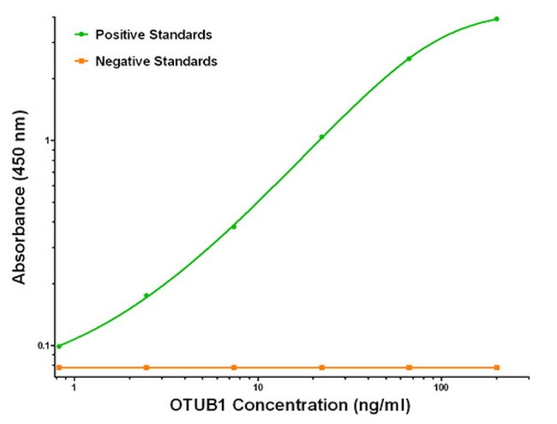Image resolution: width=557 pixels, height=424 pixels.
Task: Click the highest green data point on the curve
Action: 496,19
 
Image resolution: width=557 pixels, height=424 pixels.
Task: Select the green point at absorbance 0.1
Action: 58,346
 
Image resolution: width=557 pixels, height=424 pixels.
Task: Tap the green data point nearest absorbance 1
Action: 321,136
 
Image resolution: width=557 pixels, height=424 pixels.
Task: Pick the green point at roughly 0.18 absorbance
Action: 147,295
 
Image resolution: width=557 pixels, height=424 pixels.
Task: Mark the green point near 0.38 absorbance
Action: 234,227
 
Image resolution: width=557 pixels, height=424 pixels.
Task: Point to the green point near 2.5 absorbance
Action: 409,58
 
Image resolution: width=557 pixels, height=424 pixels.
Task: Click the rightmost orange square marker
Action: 496,367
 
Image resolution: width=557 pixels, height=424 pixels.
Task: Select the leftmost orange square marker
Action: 58,367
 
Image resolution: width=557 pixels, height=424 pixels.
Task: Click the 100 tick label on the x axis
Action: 440,388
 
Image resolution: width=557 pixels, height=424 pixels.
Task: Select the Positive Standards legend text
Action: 154,35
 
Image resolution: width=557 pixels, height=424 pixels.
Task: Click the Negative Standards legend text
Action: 156,61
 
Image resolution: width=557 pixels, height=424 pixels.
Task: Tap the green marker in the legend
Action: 81,35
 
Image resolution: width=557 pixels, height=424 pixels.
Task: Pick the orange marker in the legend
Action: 81,61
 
